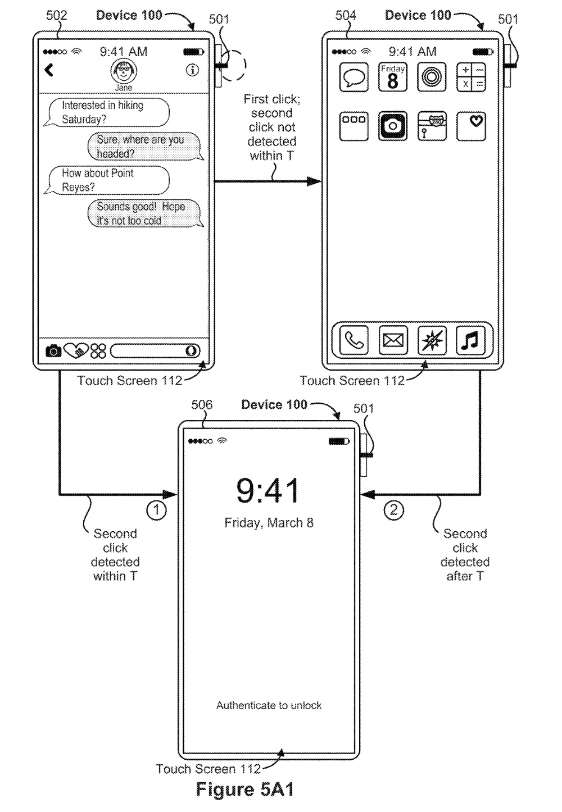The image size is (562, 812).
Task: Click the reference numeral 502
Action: pyautogui.click(x=57, y=15)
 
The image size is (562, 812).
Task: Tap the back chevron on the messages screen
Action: pyautogui.click(x=49, y=70)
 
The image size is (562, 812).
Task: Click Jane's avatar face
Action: pyautogui.click(x=124, y=71)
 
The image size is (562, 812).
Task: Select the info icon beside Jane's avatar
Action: pyautogui.click(x=192, y=70)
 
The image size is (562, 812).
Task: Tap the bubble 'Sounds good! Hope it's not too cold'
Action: pyautogui.click(x=145, y=214)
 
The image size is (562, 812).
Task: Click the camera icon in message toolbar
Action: pyautogui.click(x=53, y=352)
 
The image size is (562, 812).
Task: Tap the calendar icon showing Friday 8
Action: pyautogui.click(x=392, y=77)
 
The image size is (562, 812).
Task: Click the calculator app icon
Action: pyautogui.click(x=471, y=77)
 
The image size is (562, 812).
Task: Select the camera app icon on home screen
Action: pyautogui.click(x=392, y=126)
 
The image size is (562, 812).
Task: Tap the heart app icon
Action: pyautogui.click(x=471, y=126)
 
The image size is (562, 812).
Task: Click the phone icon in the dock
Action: pyautogui.click(x=354, y=340)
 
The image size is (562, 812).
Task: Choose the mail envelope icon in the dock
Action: pyautogui.click(x=393, y=340)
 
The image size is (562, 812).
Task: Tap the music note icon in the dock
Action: pyautogui.click(x=470, y=340)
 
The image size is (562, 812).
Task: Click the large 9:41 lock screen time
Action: pyautogui.click(x=268, y=491)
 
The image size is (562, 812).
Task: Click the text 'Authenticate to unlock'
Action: pyautogui.click(x=269, y=705)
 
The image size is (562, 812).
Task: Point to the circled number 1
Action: pyautogui.click(x=156, y=510)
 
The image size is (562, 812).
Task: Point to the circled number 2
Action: pyautogui.click(x=393, y=510)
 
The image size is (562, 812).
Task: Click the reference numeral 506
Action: pyautogui.click(x=202, y=405)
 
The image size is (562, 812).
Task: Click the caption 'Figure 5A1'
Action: pyautogui.click(x=245, y=790)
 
